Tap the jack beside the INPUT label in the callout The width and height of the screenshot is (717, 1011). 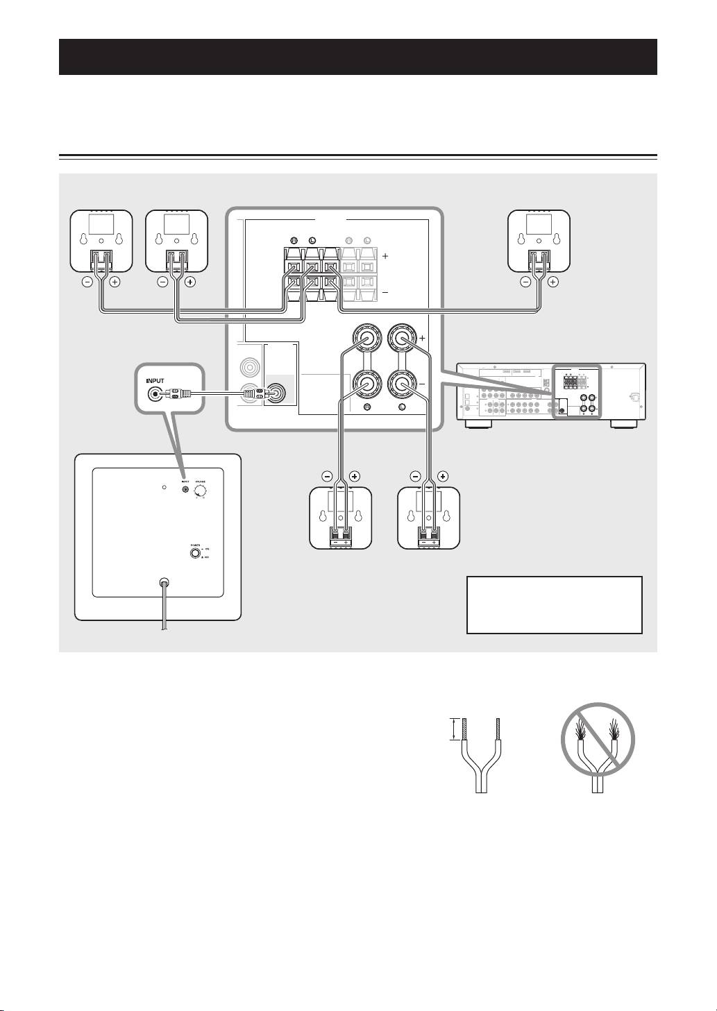click(x=153, y=394)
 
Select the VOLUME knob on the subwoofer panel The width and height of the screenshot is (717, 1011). click(x=201, y=491)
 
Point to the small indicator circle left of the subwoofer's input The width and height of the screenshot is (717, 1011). click(x=164, y=488)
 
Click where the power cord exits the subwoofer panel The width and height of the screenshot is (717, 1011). click(x=163, y=584)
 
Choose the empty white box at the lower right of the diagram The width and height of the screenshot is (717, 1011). click(x=554, y=604)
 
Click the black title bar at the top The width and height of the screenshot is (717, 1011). click(x=358, y=57)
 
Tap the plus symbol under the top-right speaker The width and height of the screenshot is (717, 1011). click(x=552, y=282)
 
